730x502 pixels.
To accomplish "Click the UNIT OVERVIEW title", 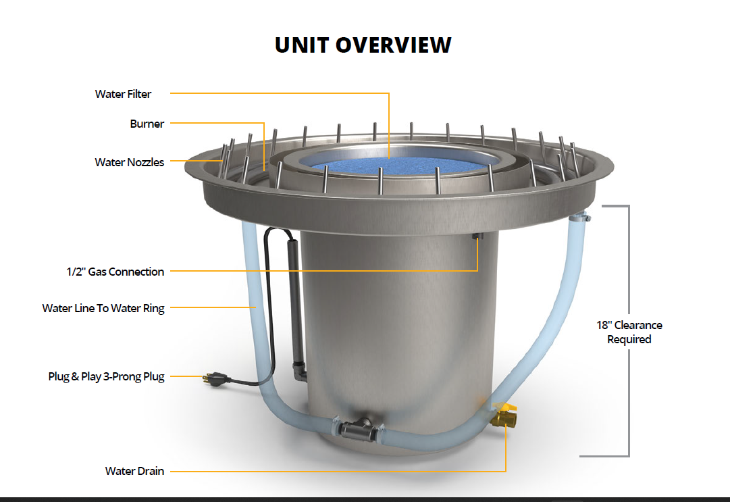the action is (x=363, y=45).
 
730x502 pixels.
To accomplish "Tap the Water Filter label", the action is (x=123, y=94).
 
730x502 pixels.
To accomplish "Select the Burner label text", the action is (x=147, y=124).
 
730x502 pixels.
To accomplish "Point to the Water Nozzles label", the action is (x=130, y=162).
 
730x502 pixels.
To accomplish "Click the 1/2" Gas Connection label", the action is (x=115, y=272).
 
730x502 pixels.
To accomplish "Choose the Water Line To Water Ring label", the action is (x=103, y=308).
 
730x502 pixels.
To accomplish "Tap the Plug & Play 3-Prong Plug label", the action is (x=106, y=376).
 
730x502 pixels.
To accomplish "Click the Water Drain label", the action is (x=134, y=471).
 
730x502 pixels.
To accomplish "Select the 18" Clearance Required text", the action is (x=629, y=332).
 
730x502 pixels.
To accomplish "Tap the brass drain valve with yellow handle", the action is (x=503, y=416).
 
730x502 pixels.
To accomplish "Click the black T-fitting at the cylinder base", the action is (x=358, y=429).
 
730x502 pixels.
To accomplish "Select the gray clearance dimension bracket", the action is (x=629, y=330).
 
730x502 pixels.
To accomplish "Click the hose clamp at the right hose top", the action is (x=581, y=216).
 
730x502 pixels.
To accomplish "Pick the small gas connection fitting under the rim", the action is (x=477, y=236).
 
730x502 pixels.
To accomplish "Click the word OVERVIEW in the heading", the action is (x=394, y=45).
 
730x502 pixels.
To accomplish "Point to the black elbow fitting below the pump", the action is (x=299, y=371).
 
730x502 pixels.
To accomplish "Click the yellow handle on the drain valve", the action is (x=505, y=407).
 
